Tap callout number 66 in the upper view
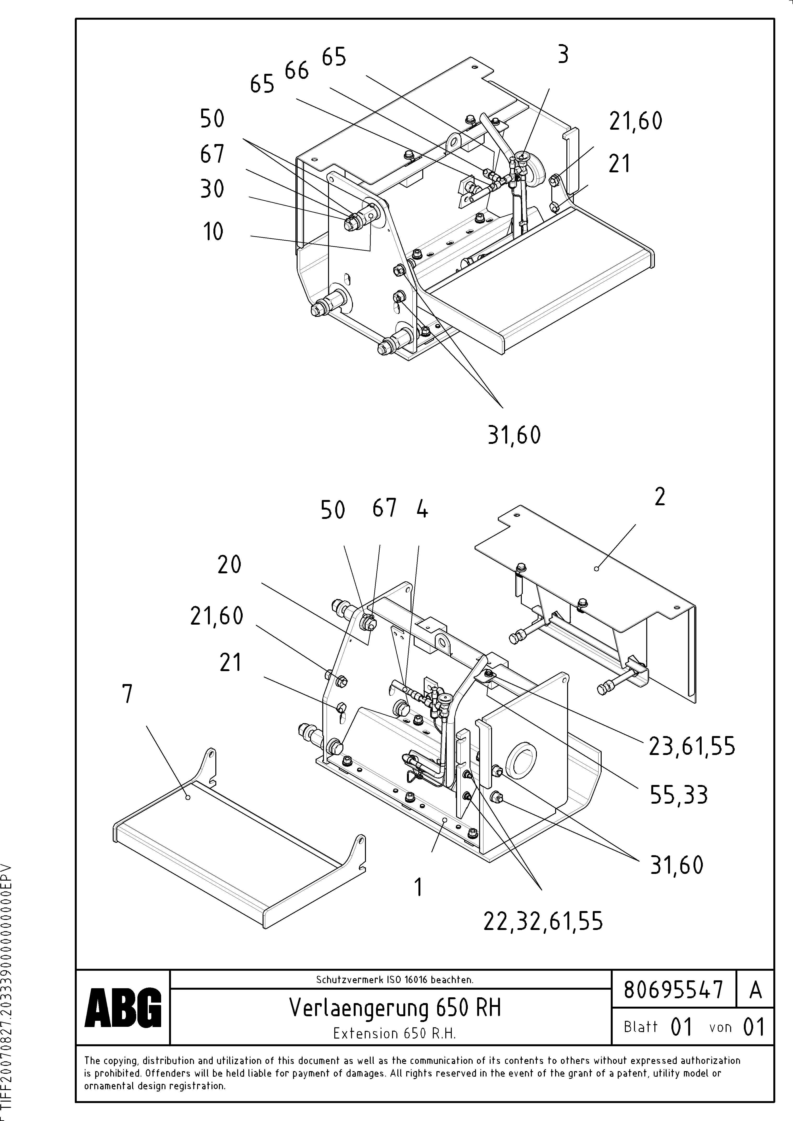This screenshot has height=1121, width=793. pos(297,71)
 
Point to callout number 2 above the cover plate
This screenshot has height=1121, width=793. pos(660,498)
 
